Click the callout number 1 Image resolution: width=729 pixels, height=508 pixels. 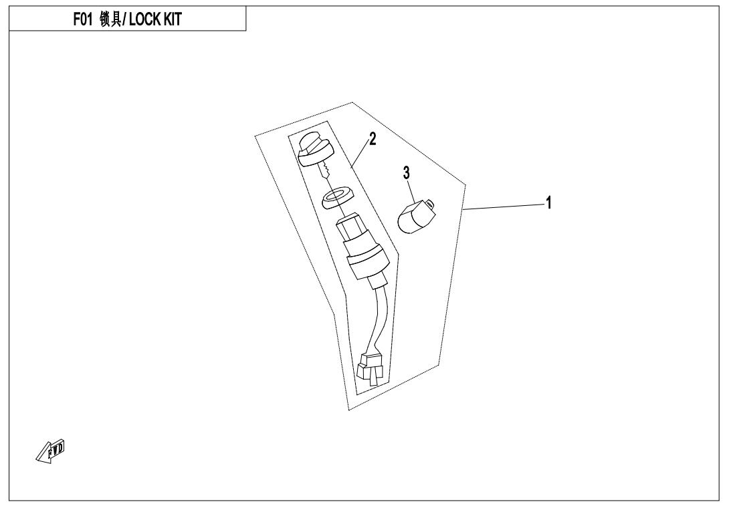(x=548, y=203)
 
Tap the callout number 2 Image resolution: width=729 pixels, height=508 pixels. (x=373, y=139)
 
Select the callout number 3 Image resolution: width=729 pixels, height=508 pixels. (x=407, y=173)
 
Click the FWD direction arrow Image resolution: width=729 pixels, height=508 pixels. (x=51, y=451)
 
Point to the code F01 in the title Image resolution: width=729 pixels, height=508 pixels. (x=84, y=19)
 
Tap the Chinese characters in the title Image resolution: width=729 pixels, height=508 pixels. (x=110, y=19)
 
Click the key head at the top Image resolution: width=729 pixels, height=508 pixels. (x=314, y=150)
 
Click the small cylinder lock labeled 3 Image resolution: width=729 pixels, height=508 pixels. (x=417, y=216)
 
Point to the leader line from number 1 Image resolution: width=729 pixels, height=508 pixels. (x=504, y=207)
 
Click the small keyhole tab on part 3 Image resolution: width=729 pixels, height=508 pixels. (x=429, y=203)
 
